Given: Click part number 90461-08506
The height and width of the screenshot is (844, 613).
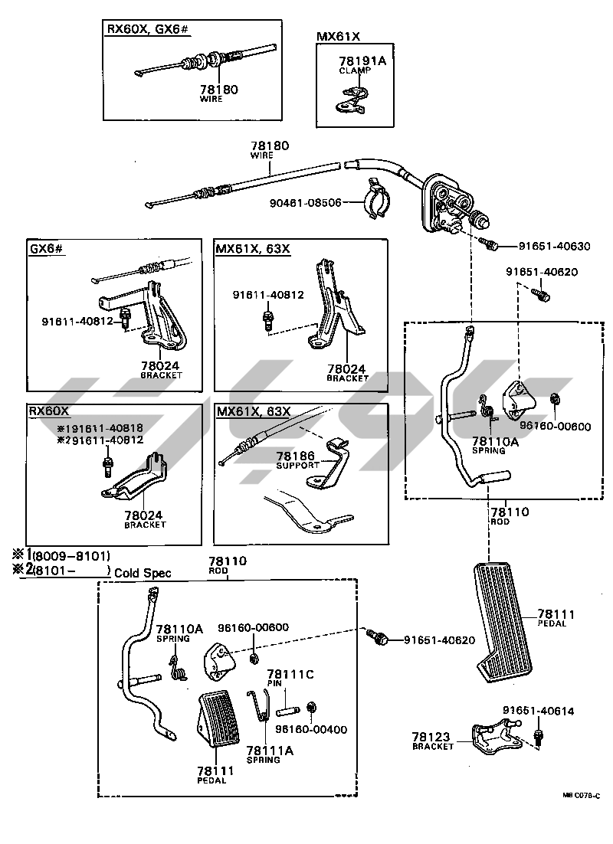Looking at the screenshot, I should pyautogui.click(x=312, y=202).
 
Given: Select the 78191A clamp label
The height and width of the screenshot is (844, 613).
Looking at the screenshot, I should pyautogui.click(x=362, y=61).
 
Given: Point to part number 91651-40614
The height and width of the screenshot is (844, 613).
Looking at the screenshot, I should pyautogui.click(x=539, y=711).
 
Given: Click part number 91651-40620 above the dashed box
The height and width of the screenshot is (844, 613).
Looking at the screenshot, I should pyautogui.click(x=541, y=272).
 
